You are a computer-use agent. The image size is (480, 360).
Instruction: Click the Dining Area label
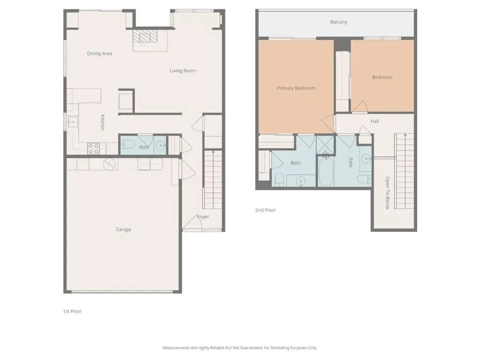(99, 53)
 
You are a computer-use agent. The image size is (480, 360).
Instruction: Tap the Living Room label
(183, 71)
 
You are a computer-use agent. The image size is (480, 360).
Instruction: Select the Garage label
(123, 230)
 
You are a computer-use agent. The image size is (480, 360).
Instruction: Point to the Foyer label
(203, 217)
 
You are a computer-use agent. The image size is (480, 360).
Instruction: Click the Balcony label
(338, 22)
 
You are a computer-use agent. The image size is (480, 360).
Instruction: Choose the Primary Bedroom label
(296, 88)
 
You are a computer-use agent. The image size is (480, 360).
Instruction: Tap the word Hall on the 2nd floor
(375, 121)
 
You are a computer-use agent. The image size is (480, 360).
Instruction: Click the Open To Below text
(388, 193)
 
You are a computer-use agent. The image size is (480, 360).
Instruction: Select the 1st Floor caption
(72, 311)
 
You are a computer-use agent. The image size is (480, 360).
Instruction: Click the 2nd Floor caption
(265, 210)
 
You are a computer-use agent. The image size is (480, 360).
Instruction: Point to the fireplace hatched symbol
(144, 36)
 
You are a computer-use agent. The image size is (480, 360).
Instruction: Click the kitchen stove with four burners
(94, 149)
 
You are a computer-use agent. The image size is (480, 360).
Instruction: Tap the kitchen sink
(72, 122)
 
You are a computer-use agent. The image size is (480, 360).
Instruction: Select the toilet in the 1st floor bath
(127, 144)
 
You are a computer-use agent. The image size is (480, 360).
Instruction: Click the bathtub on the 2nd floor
(326, 171)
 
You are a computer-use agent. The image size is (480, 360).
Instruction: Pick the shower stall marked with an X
(326, 145)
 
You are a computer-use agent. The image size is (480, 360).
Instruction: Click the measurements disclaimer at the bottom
(240, 348)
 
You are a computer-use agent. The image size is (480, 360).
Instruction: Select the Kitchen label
(103, 122)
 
